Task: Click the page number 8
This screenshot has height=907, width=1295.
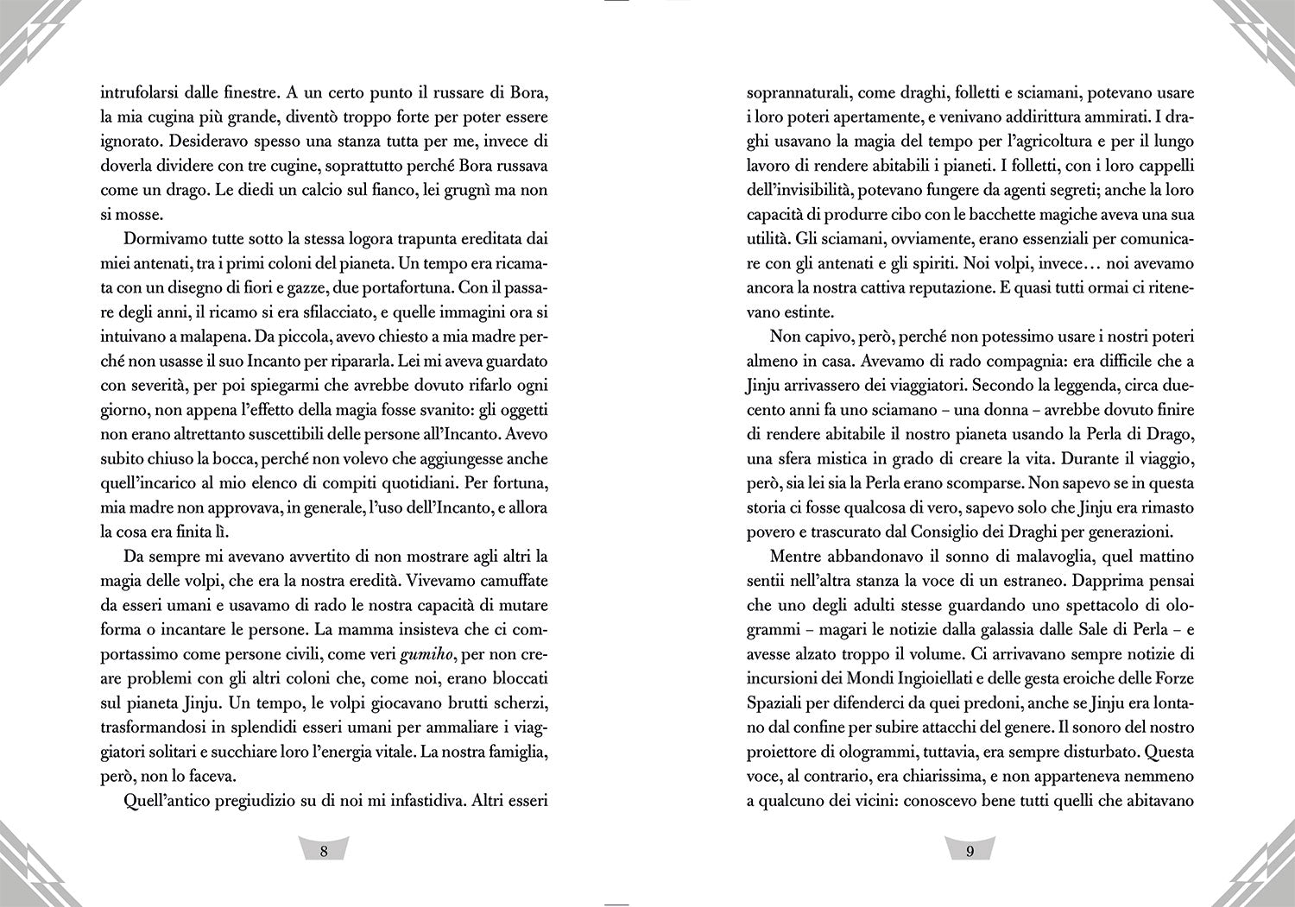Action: click(324, 851)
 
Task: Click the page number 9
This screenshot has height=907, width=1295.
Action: click(970, 851)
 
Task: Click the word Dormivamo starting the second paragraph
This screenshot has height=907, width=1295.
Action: click(167, 238)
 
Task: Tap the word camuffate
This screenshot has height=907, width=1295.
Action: click(510, 580)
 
